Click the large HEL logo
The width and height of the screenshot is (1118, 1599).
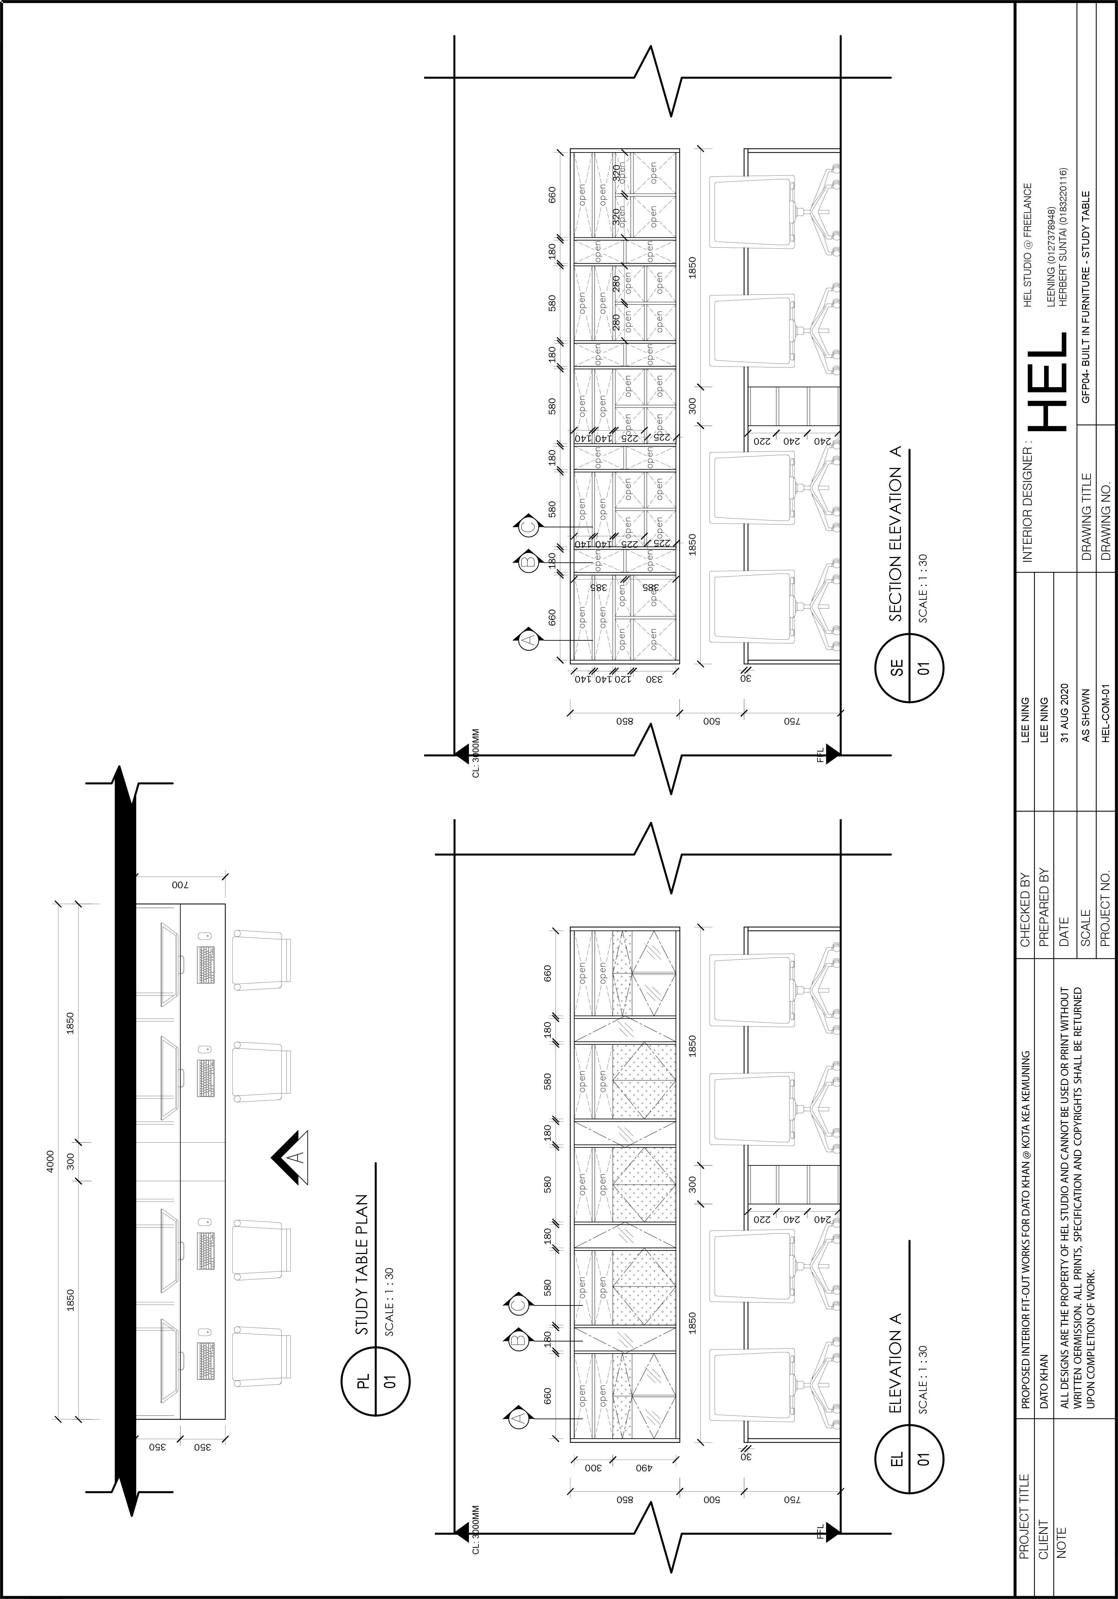pyautogui.click(x=1048, y=380)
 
